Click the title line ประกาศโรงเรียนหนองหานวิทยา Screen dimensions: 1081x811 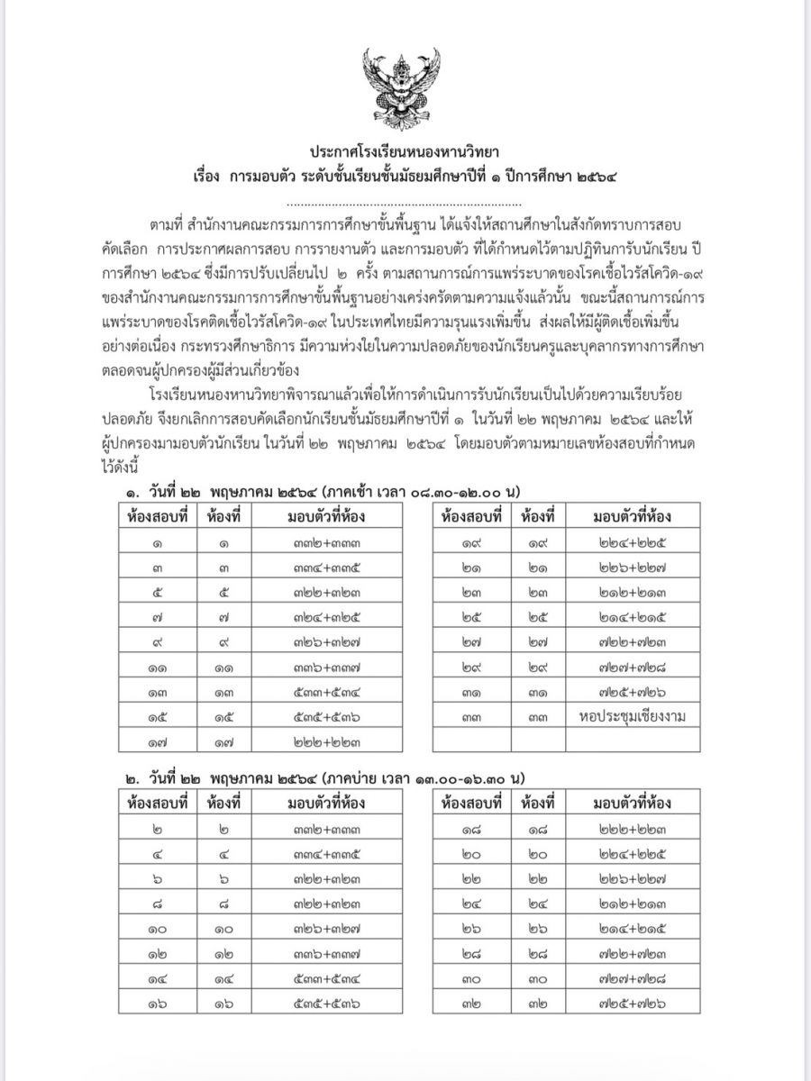[405, 150]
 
